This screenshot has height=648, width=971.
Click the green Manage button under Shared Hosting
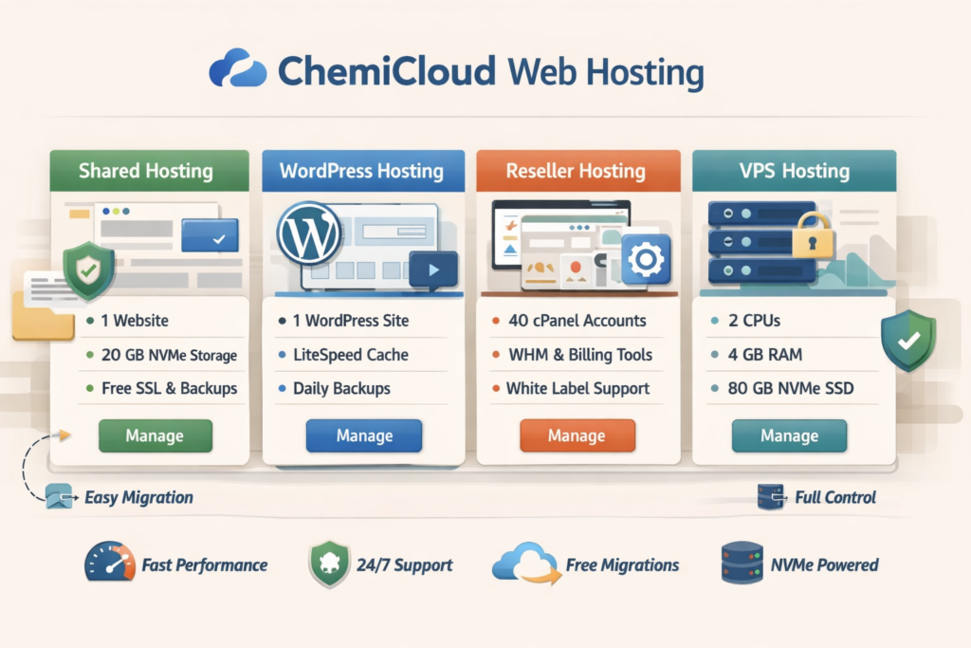[x=156, y=435]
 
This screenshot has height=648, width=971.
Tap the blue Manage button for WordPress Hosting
[x=364, y=435]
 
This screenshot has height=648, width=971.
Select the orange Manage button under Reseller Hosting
[x=576, y=435]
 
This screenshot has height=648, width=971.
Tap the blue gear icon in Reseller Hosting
[x=647, y=259]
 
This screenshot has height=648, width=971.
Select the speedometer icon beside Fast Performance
[x=109, y=563]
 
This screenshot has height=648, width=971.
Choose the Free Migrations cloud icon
[x=522, y=563]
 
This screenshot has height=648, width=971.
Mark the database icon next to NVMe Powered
[x=742, y=563]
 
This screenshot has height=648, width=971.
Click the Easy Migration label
[x=138, y=497]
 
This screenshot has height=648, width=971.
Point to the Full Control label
[x=835, y=497]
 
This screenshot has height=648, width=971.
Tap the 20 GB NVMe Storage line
[x=169, y=355]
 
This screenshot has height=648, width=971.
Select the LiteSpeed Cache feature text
[x=351, y=355]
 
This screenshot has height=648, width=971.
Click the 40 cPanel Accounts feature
[x=577, y=321]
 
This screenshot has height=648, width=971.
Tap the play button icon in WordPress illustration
[x=433, y=269]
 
